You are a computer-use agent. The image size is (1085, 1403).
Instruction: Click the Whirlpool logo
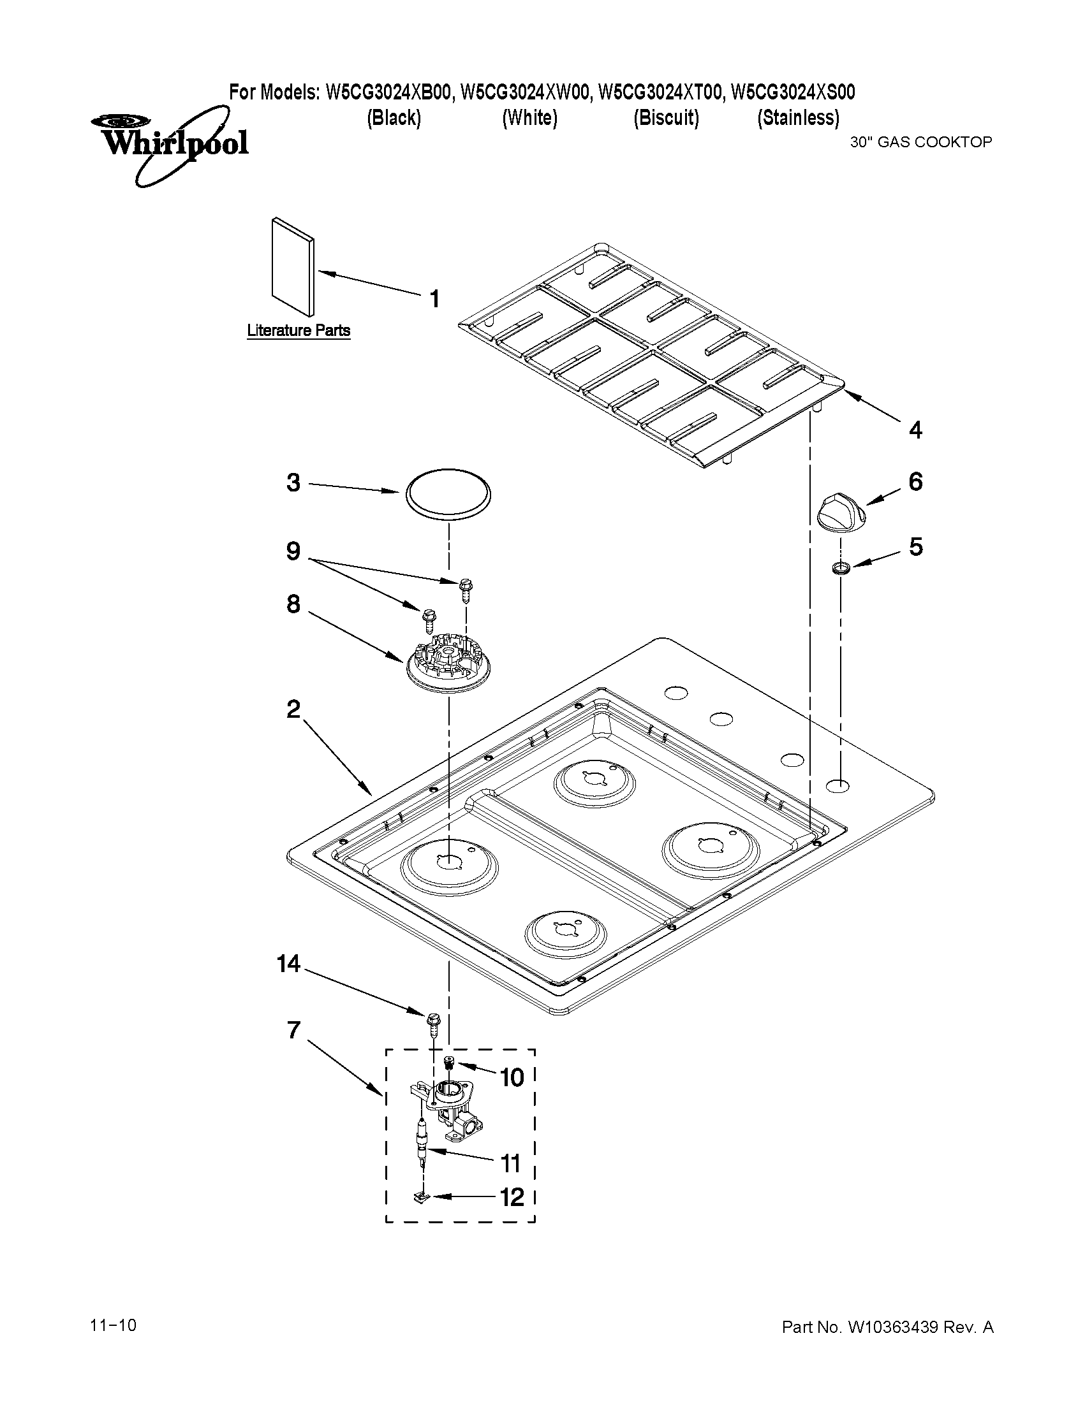click(168, 143)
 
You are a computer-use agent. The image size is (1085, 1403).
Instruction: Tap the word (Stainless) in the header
click(798, 117)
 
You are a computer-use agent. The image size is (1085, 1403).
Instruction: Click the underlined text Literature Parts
click(299, 330)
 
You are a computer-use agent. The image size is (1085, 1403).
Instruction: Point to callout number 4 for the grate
click(915, 429)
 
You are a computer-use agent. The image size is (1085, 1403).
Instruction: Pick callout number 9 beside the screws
click(293, 551)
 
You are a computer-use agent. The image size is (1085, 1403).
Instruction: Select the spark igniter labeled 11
click(422, 1142)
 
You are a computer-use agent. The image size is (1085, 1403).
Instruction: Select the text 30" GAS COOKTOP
click(921, 142)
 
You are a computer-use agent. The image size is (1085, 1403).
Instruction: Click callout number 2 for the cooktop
click(293, 709)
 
